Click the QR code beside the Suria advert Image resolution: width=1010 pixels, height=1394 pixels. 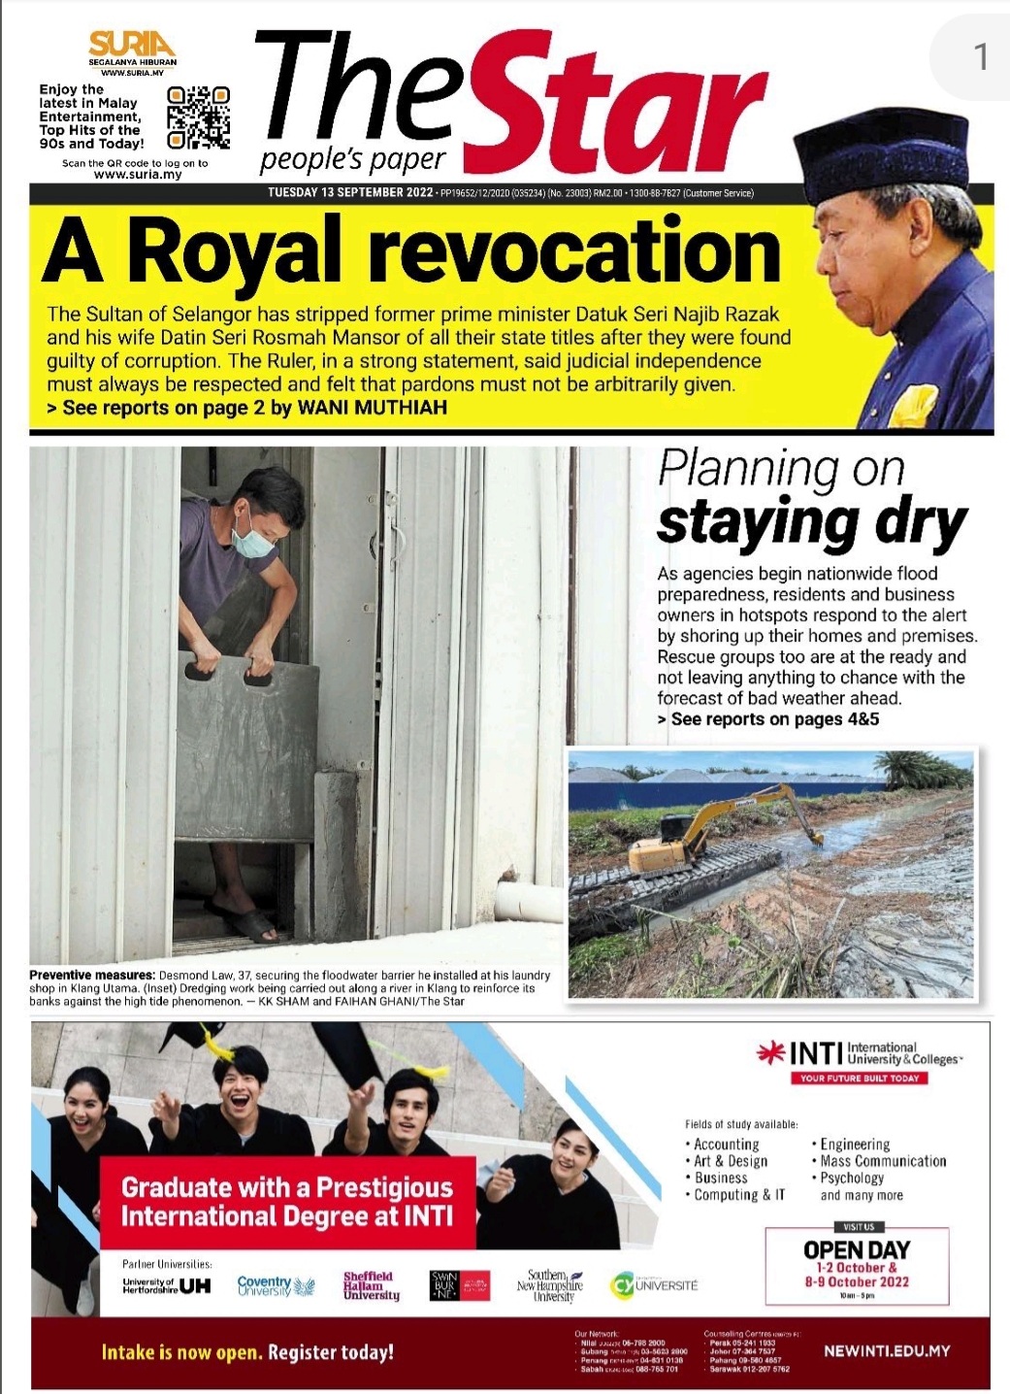coord(198,117)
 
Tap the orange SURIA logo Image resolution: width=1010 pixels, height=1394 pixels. coord(132,45)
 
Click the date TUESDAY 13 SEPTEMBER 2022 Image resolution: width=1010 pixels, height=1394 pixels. coord(350,192)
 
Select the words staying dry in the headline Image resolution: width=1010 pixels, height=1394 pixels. coord(812,522)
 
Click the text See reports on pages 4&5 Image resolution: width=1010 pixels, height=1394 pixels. coord(773,719)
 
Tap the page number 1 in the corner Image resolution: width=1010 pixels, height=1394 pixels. coord(981,56)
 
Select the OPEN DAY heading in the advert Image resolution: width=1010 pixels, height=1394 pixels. coord(856,1249)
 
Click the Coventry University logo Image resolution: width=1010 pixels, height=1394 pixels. coord(276,1285)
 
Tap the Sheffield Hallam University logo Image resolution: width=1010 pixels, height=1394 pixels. coord(371,1285)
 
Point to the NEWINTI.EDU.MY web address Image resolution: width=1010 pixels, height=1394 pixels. coord(886,1350)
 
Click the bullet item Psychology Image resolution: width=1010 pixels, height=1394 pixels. coord(852,1178)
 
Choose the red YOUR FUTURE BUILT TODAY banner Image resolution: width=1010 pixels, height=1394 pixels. coord(858,1078)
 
